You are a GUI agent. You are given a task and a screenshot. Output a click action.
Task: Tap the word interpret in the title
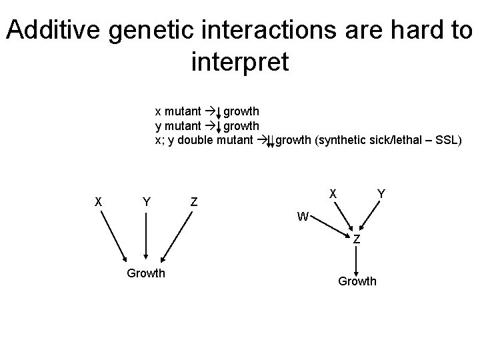point(239,63)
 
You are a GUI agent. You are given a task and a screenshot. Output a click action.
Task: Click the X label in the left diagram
point(98,201)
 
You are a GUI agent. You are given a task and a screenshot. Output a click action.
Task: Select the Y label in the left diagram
point(145,201)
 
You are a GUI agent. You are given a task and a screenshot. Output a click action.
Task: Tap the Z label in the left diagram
point(193,201)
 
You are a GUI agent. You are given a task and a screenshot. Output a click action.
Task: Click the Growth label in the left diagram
point(145,273)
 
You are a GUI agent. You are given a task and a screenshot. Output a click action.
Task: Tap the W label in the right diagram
point(303,217)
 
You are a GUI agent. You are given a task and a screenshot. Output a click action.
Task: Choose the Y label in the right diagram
point(380,193)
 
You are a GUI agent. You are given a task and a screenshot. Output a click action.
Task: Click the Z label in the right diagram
point(357,239)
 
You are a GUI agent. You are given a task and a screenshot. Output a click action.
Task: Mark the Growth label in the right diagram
point(357,281)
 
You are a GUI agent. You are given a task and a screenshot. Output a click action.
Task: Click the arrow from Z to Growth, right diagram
point(357,260)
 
